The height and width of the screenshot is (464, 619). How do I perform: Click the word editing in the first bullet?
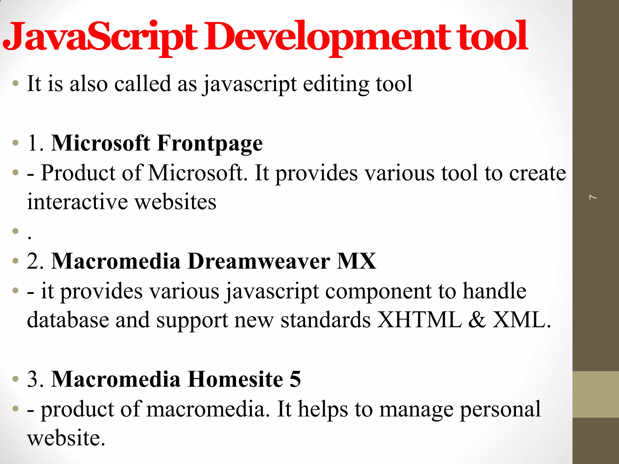pyautogui.click(x=336, y=84)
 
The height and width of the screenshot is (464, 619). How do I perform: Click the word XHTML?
pyautogui.click(x=420, y=320)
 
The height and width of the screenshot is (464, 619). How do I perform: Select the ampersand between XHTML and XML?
pyautogui.click(x=477, y=320)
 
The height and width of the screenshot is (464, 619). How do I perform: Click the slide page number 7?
pyautogui.click(x=593, y=198)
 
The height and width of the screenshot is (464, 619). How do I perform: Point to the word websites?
pyautogui.click(x=175, y=202)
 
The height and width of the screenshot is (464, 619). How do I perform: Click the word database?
pyautogui.click(x=68, y=320)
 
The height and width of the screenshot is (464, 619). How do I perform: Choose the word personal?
pyautogui.click(x=500, y=409)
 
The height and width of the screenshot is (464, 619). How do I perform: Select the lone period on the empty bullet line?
pyautogui.click(x=29, y=237)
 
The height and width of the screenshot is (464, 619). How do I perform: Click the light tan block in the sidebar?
pyautogui.click(x=595, y=394)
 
